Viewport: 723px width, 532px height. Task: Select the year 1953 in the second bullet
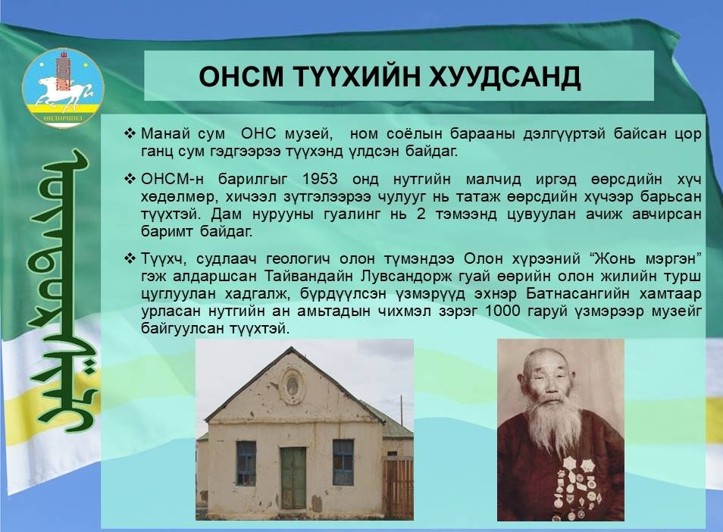point(320,179)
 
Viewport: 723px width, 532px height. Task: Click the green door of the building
point(293,477)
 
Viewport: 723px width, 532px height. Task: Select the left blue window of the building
point(246,463)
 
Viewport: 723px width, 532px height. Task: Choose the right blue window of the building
point(343,462)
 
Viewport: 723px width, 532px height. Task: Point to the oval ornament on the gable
point(293,385)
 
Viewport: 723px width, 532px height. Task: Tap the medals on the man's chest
point(579,488)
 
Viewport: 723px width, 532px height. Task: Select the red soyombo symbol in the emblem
point(63,70)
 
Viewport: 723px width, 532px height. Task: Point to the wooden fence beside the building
point(398,488)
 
